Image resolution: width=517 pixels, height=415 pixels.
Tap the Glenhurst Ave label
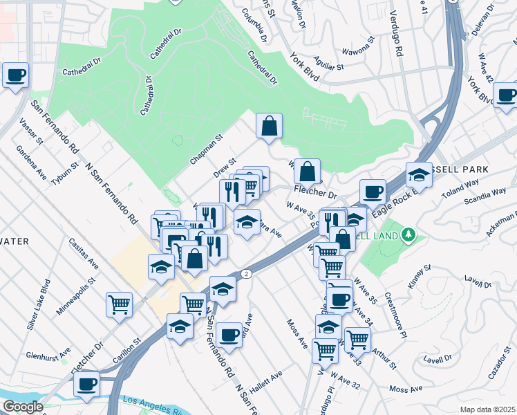click(48, 355)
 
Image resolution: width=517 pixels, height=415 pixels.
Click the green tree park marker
click(408, 236)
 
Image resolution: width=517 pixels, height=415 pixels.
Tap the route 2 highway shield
click(247, 274)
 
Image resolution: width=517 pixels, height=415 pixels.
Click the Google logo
click(22, 407)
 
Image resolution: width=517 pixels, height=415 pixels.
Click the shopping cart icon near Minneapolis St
click(119, 304)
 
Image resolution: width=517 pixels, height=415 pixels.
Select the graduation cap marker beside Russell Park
click(419, 175)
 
